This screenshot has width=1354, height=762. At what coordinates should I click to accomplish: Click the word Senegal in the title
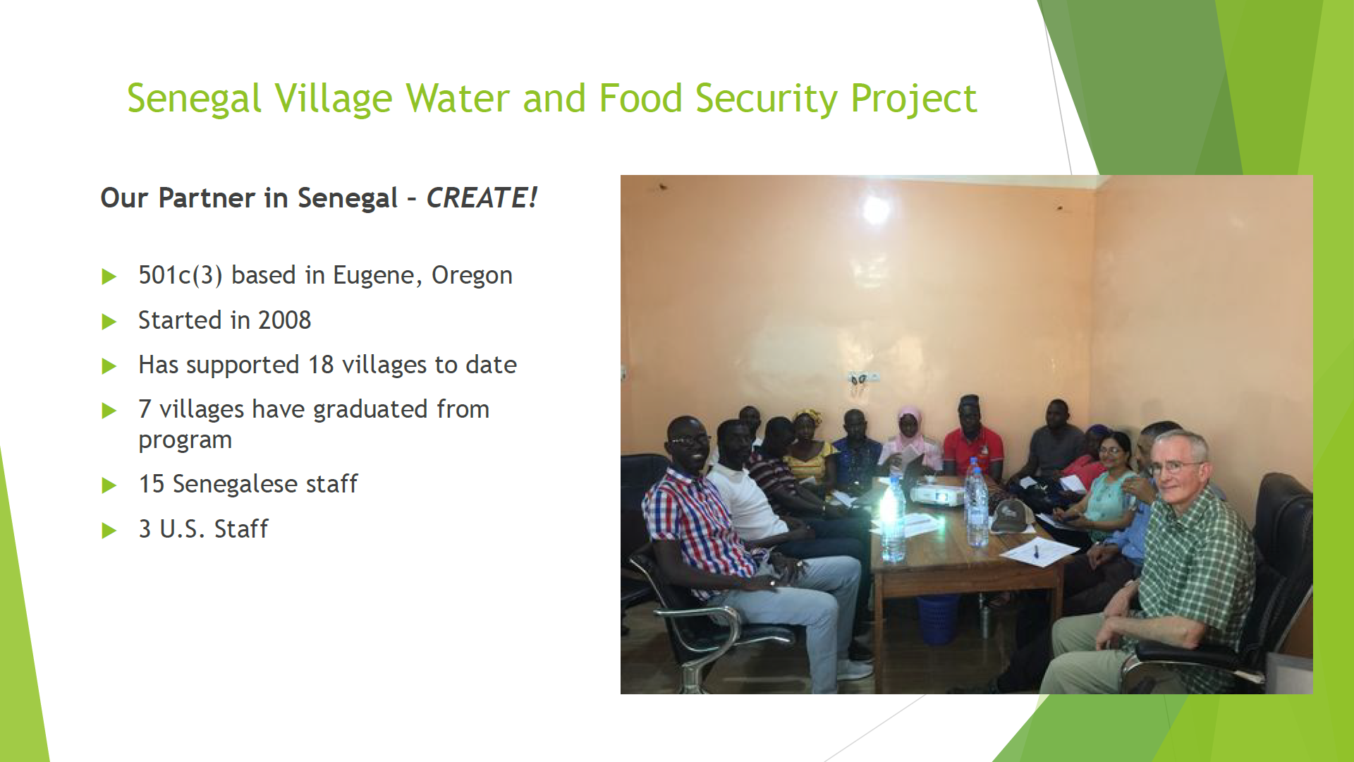pos(194,99)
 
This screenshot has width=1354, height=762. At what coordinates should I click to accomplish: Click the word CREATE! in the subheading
pos(482,198)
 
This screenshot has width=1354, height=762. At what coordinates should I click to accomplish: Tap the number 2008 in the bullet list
pos(284,320)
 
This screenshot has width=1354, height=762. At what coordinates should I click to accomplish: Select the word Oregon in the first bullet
pos(472,276)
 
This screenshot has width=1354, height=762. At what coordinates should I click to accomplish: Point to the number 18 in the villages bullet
pos(321,365)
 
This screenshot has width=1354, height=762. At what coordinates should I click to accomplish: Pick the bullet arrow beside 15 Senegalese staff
pos(109,485)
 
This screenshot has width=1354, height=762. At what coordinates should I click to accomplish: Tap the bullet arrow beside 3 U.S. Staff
pos(109,530)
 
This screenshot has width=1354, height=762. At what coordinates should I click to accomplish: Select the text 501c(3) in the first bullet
pos(181,275)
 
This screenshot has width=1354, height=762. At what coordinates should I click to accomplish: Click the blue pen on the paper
pos(1036,550)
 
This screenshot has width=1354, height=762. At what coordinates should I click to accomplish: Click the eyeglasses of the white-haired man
pos(1174,466)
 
